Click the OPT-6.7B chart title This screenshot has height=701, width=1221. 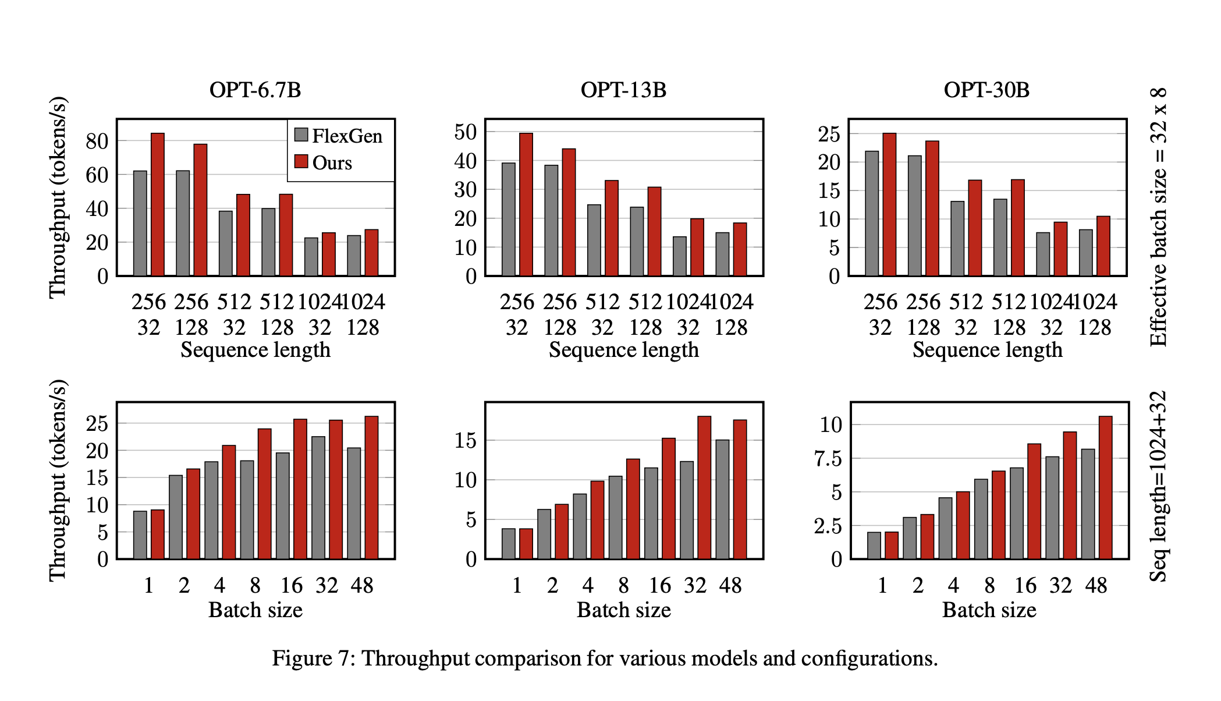pos(255,90)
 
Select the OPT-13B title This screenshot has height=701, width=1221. pos(623,90)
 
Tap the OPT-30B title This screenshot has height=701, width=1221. pos(986,90)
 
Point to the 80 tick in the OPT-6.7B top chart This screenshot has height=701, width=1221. pos(97,141)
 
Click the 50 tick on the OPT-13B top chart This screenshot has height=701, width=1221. pos(465,132)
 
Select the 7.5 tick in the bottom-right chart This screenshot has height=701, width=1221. pos(828,459)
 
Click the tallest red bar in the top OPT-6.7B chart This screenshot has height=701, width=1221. pos(158,204)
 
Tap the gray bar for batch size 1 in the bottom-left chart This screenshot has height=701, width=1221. pos(140,535)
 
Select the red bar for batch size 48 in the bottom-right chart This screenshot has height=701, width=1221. pos(1105,488)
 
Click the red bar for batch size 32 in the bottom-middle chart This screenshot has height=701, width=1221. pos(704,488)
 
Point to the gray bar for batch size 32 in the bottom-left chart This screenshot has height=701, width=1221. pos(318,498)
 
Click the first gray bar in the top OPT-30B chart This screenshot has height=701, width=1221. pos(872,213)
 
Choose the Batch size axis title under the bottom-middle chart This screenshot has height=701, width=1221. pos(623,610)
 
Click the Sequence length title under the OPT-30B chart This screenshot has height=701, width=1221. pos(987,350)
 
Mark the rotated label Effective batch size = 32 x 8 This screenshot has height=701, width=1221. pos(1158,217)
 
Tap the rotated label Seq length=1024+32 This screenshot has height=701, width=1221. pos(1158,486)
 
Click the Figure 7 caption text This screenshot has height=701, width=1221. pos(605,658)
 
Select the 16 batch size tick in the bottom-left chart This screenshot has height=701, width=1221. pos(291,586)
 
